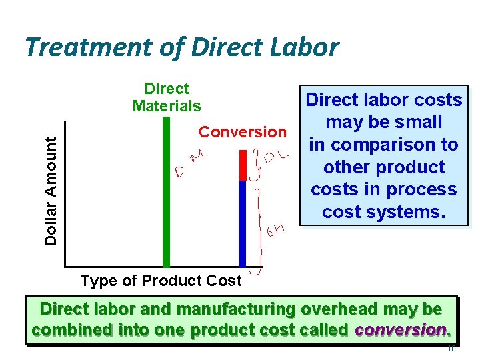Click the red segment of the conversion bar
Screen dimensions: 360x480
coord(243,165)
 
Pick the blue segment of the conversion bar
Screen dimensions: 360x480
coord(243,223)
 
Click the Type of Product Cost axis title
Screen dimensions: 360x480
coord(161,281)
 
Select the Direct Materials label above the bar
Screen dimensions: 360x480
coord(167,97)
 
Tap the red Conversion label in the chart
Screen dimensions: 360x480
coord(242,132)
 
